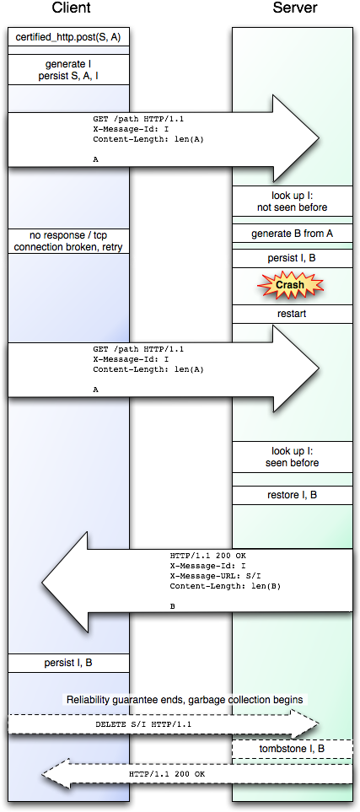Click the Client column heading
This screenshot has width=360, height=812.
click(x=71, y=8)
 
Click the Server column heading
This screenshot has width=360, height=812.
click(x=295, y=8)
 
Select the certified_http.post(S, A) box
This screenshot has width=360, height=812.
click(x=68, y=37)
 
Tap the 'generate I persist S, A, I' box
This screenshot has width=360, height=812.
click(x=68, y=70)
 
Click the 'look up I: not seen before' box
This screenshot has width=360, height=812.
click(x=292, y=202)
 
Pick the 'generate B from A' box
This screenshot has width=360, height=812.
click(x=292, y=234)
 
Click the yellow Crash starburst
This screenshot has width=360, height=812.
click(x=290, y=285)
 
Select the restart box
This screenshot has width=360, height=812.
click(x=292, y=314)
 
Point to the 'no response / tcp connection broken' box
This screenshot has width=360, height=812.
click(x=68, y=241)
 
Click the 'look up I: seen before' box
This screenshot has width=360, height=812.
click(x=292, y=457)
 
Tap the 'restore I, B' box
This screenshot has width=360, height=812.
click(x=292, y=495)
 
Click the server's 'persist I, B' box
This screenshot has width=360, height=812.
click(x=292, y=258)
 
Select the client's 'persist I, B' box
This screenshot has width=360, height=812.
click(x=68, y=663)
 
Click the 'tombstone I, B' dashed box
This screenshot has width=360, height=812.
click(x=292, y=749)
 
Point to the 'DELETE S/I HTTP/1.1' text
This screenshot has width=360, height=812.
click(x=143, y=724)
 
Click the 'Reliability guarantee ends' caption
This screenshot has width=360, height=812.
click(x=185, y=700)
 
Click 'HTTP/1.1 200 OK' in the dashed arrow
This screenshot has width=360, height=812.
click(x=167, y=774)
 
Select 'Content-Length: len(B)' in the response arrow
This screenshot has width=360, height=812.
click(x=225, y=586)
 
